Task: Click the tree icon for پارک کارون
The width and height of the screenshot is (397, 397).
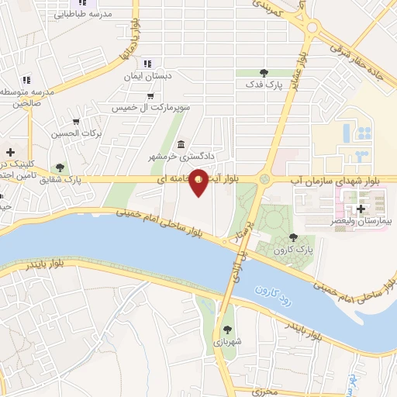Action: pyautogui.click(x=292, y=238)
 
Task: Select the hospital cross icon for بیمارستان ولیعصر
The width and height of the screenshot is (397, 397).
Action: pyautogui.click(x=361, y=209)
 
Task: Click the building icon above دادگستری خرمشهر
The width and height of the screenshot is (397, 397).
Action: pyautogui.click(x=181, y=144)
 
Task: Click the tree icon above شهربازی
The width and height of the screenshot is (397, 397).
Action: pyautogui.click(x=227, y=330)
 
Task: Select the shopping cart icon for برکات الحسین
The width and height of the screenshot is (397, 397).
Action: pyautogui.click(x=76, y=122)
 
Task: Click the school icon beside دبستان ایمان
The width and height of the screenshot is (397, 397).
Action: pyautogui.click(x=147, y=64)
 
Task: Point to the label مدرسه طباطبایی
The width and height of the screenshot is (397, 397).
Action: pyautogui.click(x=85, y=14)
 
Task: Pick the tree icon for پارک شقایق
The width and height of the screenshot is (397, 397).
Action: pyautogui.click(x=60, y=167)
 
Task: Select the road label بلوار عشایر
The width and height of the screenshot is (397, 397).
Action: pyautogui.click(x=299, y=70)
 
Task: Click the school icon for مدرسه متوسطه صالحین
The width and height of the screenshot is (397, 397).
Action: pyautogui.click(x=26, y=80)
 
